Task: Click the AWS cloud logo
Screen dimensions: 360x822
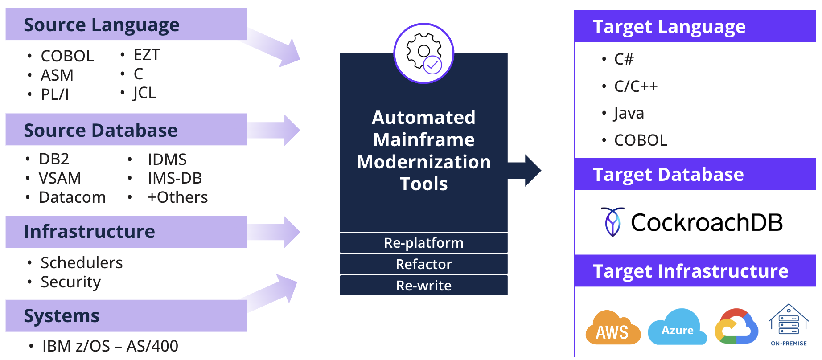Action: pos(612,328)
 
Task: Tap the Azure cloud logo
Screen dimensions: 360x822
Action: pos(677,328)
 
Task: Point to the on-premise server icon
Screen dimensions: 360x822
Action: pos(789,324)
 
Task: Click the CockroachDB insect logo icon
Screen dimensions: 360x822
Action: pos(612,221)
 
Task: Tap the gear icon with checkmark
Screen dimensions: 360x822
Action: pos(423,53)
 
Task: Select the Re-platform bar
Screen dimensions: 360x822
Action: pos(423,243)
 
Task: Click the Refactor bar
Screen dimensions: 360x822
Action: pos(423,264)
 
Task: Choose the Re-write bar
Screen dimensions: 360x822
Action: pos(423,286)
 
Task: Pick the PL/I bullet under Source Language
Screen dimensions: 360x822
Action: pos(54,94)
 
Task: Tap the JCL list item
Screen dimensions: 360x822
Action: pos(144,93)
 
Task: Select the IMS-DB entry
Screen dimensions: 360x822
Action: pos(175,178)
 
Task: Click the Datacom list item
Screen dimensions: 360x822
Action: pos(72,197)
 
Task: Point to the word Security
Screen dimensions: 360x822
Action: pos(70,282)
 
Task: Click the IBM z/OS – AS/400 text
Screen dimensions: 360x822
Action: pos(110,346)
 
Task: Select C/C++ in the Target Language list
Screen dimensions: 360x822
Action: pos(636,86)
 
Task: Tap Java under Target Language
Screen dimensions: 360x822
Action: pos(629,113)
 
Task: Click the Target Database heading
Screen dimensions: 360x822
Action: pos(668,174)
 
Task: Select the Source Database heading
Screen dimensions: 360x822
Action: pos(101,130)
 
